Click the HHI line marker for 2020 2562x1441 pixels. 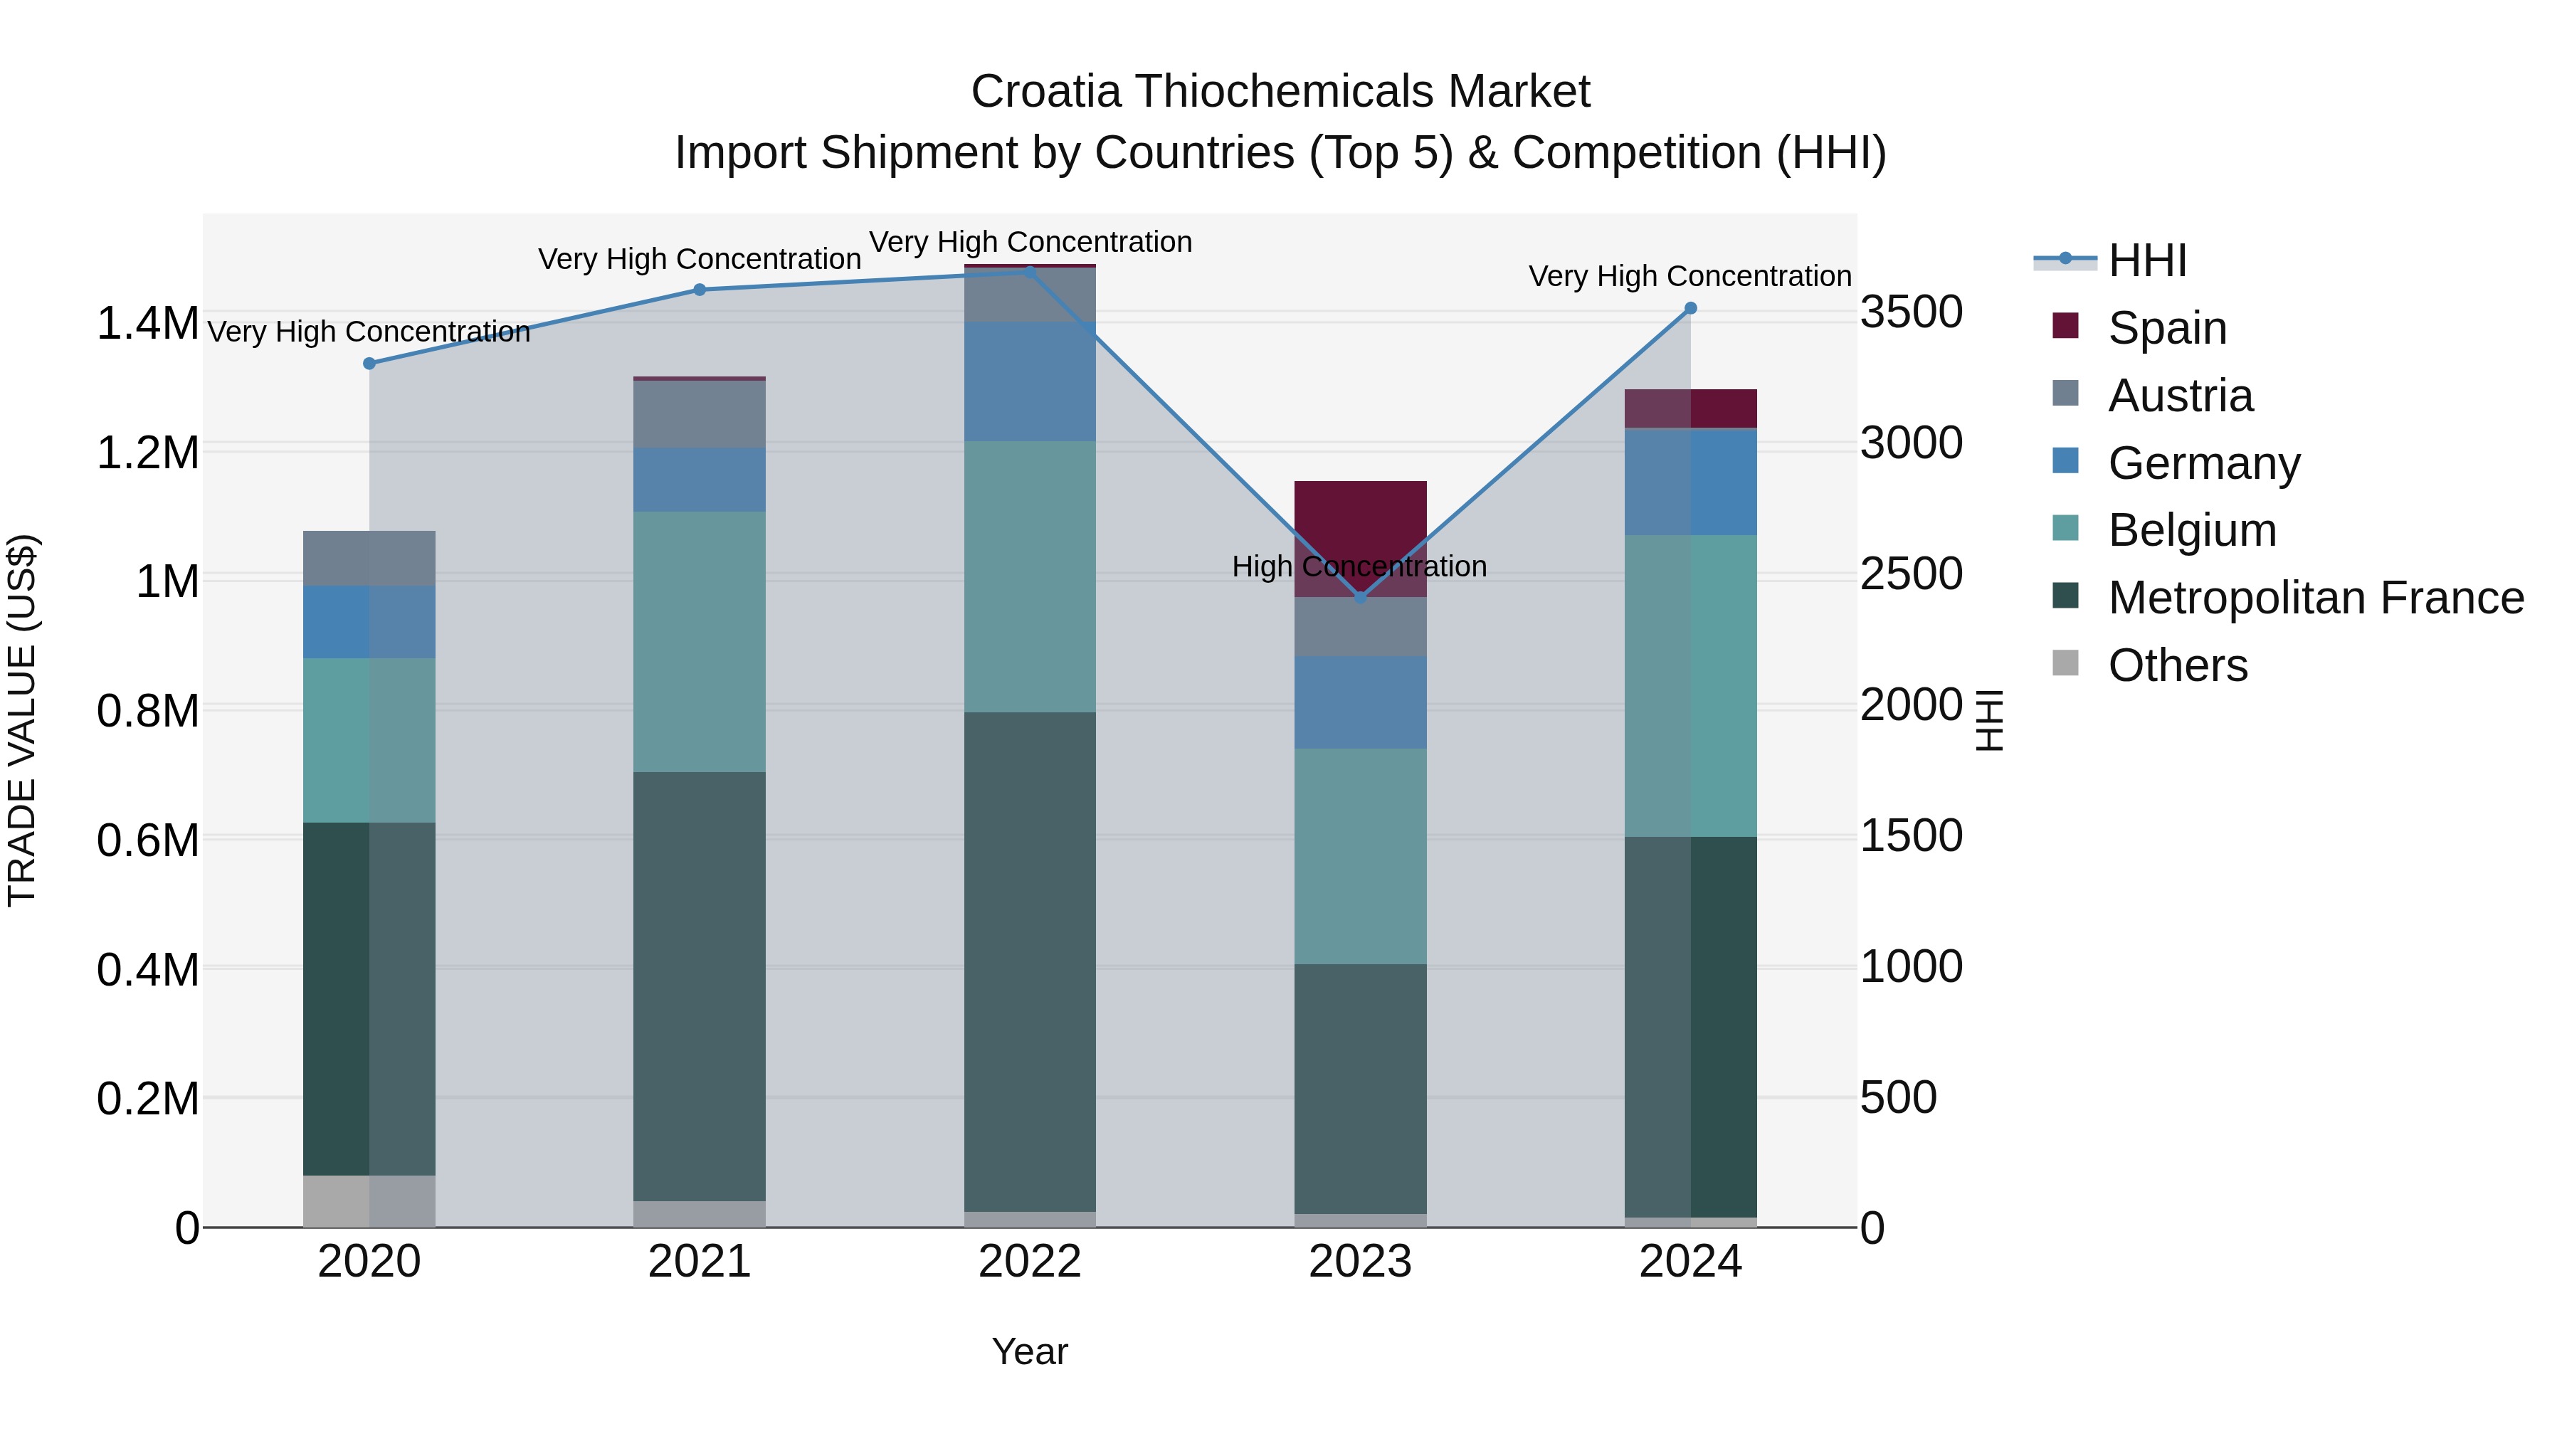pyautogui.click(x=369, y=364)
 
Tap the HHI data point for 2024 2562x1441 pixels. pyautogui.click(x=1689, y=308)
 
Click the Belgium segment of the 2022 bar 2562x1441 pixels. pyautogui.click(x=1029, y=577)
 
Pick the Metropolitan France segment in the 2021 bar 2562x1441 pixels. pyautogui.click(x=699, y=985)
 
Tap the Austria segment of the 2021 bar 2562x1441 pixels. pyautogui.click(x=699, y=413)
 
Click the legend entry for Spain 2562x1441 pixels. pyautogui.click(x=2166, y=327)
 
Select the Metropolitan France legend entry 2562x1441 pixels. pyautogui.click(x=2314, y=598)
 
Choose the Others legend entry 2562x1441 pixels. pyautogui.click(x=2176, y=665)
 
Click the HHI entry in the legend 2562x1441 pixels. pyautogui.click(x=2146, y=260)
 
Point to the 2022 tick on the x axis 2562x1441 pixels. pyautogui.click(x=1029, y=1262)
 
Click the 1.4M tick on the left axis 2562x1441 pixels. pyautogui.click(x=147, y=324)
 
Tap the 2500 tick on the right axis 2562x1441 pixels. pyautogui.click(x=1911, y=574)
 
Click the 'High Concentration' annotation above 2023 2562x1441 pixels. pyautogui.click(x=1359, y=567)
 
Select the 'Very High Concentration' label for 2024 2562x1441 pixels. pyautogui.click(x=1689, y=277)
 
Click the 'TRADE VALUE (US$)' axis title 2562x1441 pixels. pyautogui.click(x=22, y=720)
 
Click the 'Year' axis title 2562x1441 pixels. pyautogui.click(x=1029, y=1351)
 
